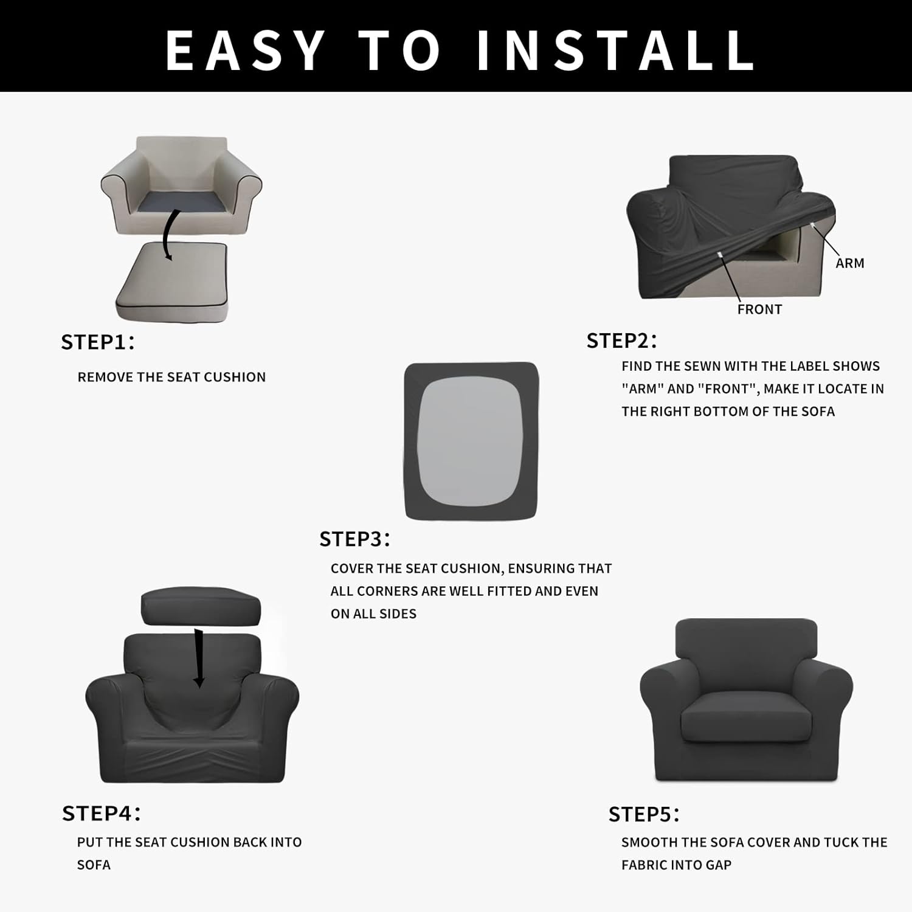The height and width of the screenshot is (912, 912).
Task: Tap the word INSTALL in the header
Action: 615,50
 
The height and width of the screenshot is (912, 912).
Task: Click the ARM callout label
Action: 849,263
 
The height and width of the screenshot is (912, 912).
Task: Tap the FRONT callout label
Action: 759,309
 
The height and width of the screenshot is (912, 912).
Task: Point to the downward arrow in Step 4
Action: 198,660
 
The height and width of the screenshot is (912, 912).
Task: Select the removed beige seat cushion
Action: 172,283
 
